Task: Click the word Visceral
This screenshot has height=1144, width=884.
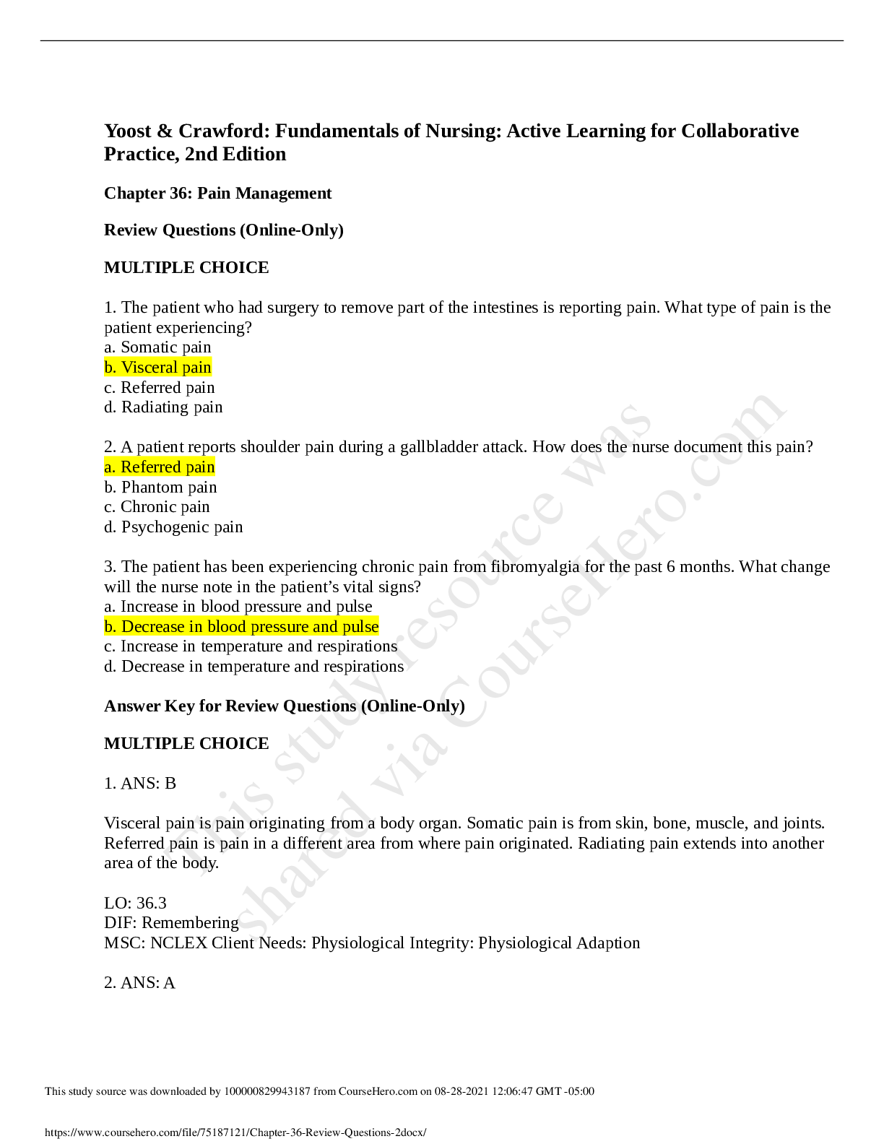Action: (149, 368)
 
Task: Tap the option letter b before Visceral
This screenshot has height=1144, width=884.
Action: (109, 368)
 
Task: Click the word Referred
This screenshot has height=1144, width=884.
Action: (150, 467)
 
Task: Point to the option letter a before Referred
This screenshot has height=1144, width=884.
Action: (109, 468)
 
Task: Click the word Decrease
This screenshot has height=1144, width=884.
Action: (152, 627)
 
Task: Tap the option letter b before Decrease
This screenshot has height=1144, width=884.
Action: (109, 627)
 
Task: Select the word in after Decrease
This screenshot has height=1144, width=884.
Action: (196, 627)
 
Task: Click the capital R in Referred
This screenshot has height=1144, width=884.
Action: (126, 467)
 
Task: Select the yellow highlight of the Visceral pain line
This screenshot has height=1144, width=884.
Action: (158, 368)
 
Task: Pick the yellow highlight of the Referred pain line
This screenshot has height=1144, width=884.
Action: (160, 467)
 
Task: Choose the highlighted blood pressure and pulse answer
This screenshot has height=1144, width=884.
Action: (241, 627)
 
